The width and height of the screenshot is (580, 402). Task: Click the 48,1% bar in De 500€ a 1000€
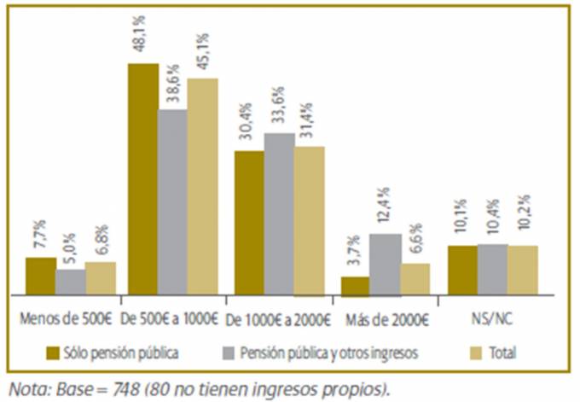pyautogui.click(x=142, y=179)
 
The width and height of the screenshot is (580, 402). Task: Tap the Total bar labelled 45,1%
pyautogui.click(x=203, y=187)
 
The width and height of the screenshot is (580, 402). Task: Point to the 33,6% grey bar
pyautogui.click(x=280, y=214)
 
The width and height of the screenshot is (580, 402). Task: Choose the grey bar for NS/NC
pyautogui.click(x=492, y=270)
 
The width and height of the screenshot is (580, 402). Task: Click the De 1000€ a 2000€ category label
pyautogui.click(x=279, y=322)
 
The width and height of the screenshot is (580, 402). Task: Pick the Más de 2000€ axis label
pyautogui.click(x=387, y=322)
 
